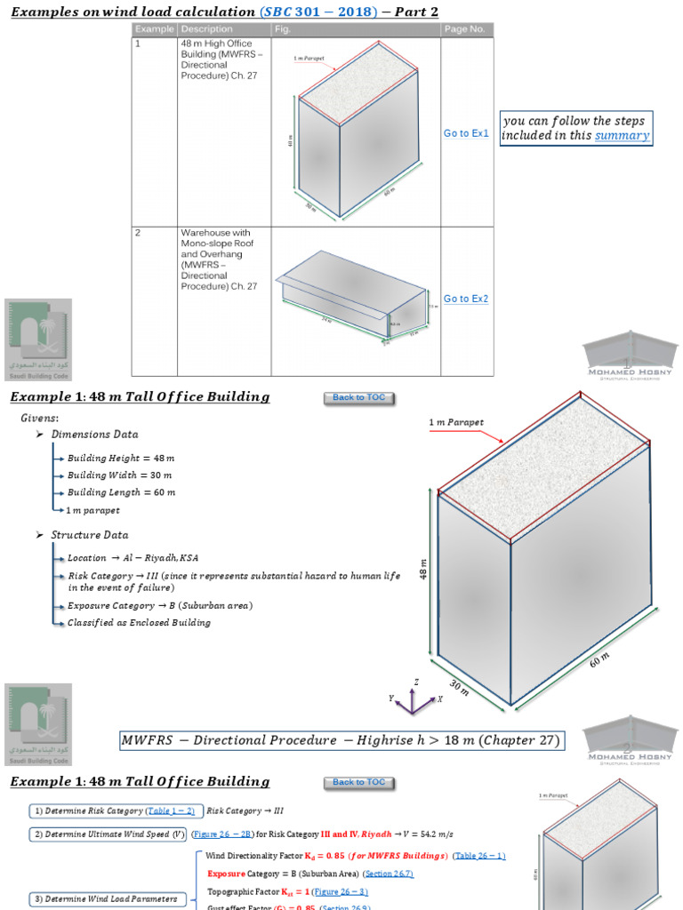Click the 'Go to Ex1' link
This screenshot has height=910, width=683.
coord(467,133)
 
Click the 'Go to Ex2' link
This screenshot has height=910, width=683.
coord(467,299)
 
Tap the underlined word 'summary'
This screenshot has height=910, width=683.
coord(622,136)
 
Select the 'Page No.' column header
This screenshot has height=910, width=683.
coord(465,29)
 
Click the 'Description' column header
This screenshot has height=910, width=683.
coord(207,29)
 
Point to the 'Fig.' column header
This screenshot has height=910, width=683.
coord(284,29)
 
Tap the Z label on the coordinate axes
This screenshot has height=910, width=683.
coord(416,682)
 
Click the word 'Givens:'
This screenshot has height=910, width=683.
coord(40,417)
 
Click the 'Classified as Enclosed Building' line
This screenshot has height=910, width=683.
coord(139,623)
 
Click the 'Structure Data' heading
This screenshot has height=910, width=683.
coord(89,535)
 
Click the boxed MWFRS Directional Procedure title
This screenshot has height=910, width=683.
coord(341,740)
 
